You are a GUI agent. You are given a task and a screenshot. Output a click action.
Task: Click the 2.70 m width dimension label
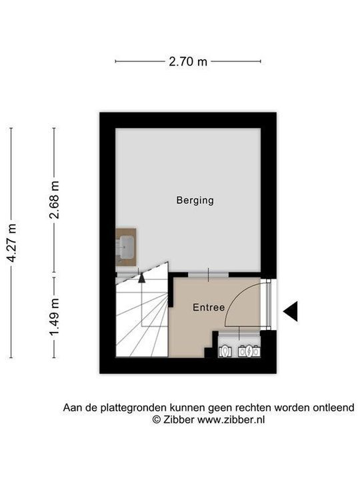pos(187,61)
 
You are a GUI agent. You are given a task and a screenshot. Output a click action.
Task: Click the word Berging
pos(195,200)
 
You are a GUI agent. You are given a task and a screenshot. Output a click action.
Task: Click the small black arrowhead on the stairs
pos(141,279)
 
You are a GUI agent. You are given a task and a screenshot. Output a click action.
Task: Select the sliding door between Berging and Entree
pos(208,275)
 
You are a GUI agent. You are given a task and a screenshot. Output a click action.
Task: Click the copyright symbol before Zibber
pos(156,420)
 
